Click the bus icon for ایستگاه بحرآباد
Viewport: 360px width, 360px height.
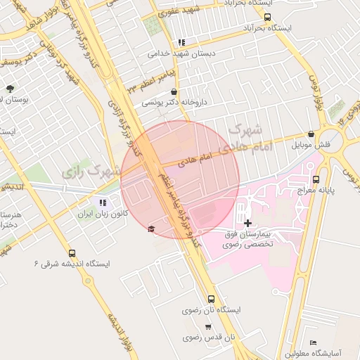pyautogui.click(x=267, y=18)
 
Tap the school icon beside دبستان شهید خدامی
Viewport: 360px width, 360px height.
pyautogui.click(x=182, y=42)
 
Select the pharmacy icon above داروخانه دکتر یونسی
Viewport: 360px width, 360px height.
pyautogui.click(x=174, y=92)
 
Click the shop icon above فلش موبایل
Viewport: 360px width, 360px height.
pyautogui.click(x=311, y=134)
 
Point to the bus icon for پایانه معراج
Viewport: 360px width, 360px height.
pyautogui.click(x=316, y=179)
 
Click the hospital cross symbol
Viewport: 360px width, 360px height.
pyautogui.click(x=247, y=222)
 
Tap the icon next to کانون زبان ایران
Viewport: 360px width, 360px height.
pyautogui.click(x=104, y=202)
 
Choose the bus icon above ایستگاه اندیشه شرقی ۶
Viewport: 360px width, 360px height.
pyautogui.click(x=72, y=253)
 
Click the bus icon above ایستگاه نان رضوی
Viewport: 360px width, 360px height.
pyautogui.click(x=212, y=300)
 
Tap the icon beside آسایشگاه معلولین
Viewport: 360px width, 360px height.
pyautogui.click(x=313, y=342)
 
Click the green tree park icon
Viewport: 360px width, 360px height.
pyautogui.click(x=10, y=89)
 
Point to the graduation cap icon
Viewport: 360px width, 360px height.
pyautogui.click(x=151, y=229)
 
